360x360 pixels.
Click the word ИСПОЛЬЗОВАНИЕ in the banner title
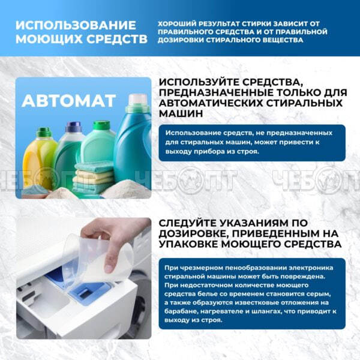tap(76, 25)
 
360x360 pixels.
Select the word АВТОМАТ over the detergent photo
tap(68, 101)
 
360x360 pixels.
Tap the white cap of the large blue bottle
tap(137, 100)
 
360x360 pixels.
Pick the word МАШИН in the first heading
tap(181, 113)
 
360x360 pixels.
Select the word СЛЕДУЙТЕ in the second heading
tap(188, 223)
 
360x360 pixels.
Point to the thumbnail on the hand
tap(110, 268)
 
